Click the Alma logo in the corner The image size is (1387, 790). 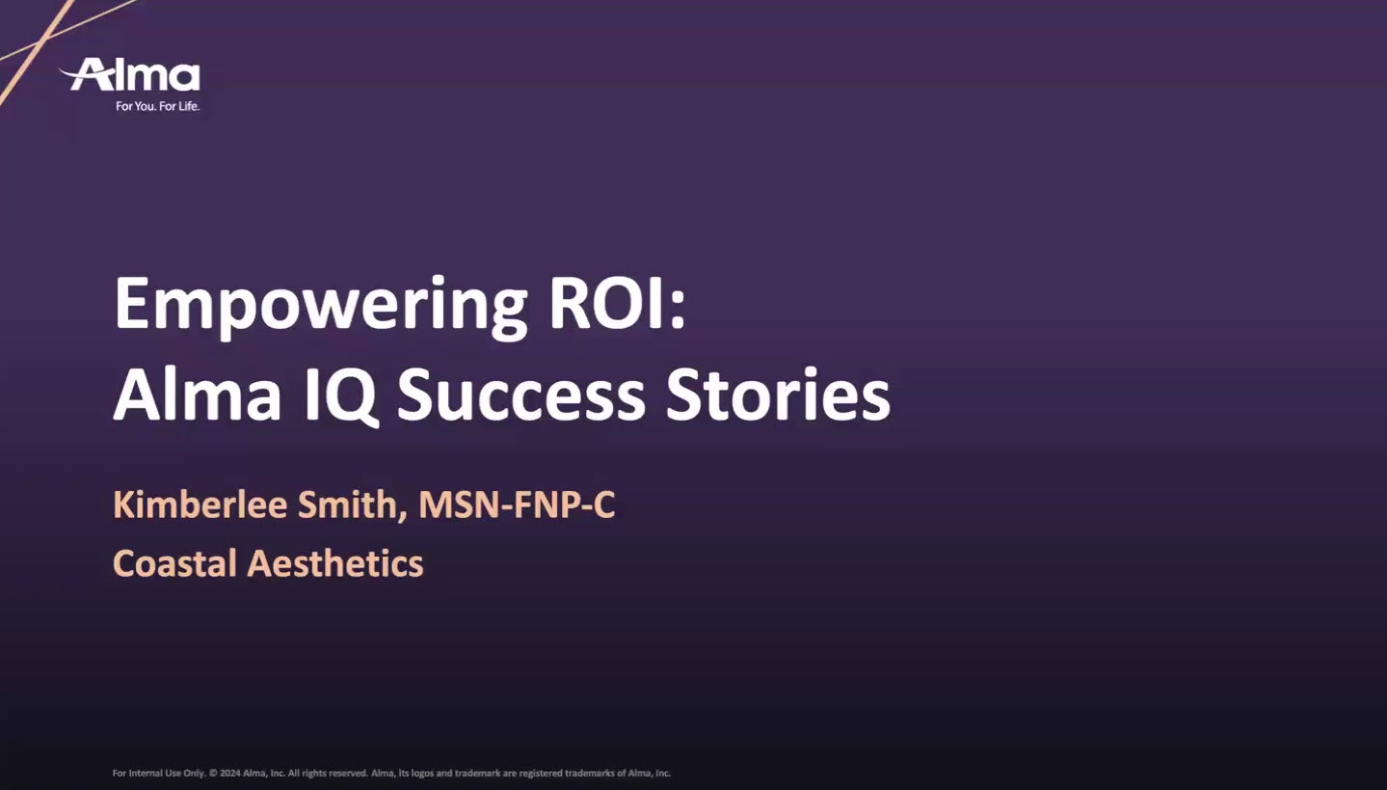132,75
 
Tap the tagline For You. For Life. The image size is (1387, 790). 157,106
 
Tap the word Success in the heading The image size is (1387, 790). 520,395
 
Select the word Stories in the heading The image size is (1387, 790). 777,395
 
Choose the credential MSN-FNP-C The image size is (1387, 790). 517,505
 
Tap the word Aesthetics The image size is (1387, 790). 335,563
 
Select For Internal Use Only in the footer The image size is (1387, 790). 158,774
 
